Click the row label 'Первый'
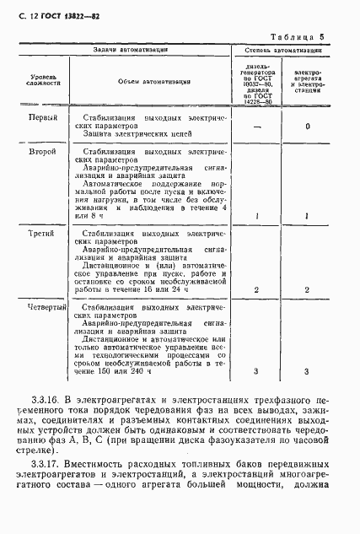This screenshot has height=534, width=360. (44, 117)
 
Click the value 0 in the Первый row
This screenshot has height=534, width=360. (308, 127)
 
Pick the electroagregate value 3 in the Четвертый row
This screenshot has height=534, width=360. (308, 371)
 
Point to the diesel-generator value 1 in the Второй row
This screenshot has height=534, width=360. (256, 217)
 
